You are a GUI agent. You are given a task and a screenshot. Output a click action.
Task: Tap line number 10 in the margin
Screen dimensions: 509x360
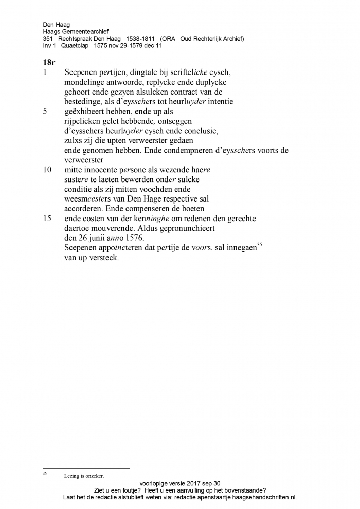pos(48,169)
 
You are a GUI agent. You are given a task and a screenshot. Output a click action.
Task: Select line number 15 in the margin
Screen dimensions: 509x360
pos(48,219)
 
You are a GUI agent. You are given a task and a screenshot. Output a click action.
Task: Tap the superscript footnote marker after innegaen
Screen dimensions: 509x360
pos(259,245)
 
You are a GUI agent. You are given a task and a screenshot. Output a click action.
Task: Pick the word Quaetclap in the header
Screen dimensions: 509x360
pos(75,45)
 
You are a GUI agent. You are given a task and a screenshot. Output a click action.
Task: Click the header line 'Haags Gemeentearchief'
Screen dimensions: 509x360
pos(76,31)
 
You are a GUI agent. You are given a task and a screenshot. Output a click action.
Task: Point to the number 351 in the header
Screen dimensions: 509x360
pos(48,39)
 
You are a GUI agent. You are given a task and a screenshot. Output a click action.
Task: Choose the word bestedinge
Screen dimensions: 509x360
pos(84,101)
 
